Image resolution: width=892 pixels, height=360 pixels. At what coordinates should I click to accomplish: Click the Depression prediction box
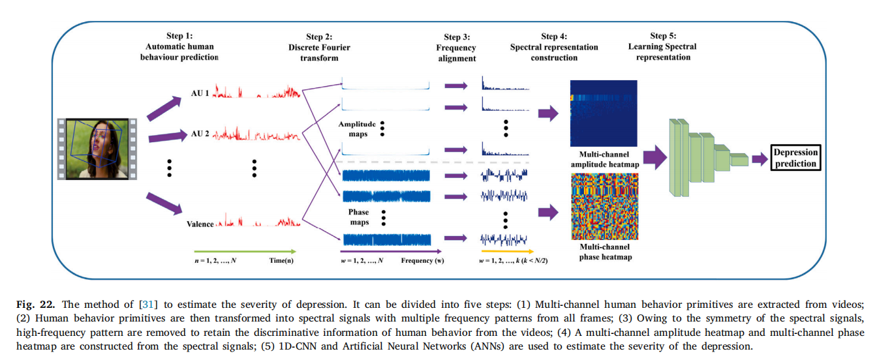[x=795, y=158]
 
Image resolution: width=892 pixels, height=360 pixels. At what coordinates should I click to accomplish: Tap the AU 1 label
[x=200, y=93]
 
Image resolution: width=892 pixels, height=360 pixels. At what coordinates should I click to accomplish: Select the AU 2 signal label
[x=200, y=134]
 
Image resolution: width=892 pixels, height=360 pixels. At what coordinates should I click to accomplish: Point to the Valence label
[x=200, y=224]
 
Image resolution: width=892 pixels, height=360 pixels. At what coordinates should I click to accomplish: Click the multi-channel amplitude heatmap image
[x=604, y=113]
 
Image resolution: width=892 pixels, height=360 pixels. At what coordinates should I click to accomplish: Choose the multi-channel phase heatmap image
[x=604, y=207]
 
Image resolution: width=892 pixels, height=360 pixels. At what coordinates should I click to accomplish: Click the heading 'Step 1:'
[x=179, y=36]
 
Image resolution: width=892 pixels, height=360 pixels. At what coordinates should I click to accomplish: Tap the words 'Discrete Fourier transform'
[x=319, y=53]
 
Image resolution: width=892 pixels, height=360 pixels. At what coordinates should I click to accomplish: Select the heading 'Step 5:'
[x=663, y=36]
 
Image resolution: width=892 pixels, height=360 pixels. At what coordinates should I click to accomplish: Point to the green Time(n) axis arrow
[x=245, y=251]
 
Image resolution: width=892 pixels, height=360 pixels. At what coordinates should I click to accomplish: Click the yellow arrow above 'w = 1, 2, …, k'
[x=507, y=251]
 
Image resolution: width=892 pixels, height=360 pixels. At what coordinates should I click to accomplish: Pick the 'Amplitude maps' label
[x=357, y=129]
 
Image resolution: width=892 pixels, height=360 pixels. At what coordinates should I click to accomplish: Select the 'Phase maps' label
[x=359, y=217]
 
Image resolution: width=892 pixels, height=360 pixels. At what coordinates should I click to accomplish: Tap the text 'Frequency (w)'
[x=422, y=261]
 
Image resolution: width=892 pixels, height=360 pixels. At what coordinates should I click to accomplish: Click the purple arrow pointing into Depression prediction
[x=760, y=159]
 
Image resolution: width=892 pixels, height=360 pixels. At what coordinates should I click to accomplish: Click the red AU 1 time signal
[x=256, y=91]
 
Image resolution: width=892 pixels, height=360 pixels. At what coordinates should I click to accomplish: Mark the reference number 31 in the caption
[x=147, y=305]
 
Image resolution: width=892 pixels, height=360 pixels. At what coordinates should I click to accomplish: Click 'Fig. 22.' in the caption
[x=35, y=305]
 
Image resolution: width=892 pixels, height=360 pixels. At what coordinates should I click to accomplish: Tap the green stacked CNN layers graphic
[x=708, y=158]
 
